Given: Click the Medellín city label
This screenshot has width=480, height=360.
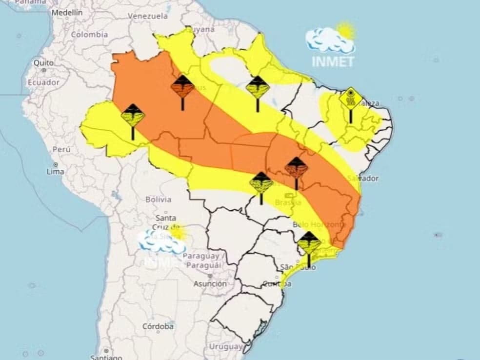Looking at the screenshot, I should pos(67,13).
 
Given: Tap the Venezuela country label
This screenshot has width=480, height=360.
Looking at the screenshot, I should pos(148,16).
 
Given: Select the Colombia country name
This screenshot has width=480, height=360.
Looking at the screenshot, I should pos(89,35).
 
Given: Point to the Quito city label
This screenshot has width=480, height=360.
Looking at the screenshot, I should pos(43,63).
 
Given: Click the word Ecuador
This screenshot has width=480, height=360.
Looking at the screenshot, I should pos(43,82).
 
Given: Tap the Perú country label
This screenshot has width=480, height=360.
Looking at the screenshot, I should pos(61,149).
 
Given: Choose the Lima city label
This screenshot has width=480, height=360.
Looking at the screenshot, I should pos(55,171).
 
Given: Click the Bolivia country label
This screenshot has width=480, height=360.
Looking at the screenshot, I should pos(158,200).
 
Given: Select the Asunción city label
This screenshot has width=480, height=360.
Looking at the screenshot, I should pos(210,283).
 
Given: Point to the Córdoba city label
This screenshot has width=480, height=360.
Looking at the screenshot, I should pos(158,326).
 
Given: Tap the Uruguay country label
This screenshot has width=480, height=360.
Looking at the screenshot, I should pos(225,346).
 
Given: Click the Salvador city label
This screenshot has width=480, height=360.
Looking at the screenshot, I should pos(363,179).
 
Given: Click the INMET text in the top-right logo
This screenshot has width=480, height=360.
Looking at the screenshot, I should pos(333,62).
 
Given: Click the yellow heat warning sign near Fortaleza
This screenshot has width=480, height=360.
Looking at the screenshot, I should pos(351,99).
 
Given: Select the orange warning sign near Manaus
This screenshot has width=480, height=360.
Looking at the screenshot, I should pos(182,87).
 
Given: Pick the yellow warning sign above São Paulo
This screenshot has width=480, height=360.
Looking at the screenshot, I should pos(309,242).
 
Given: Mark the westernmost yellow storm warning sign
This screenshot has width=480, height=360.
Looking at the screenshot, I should pos(133,116).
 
